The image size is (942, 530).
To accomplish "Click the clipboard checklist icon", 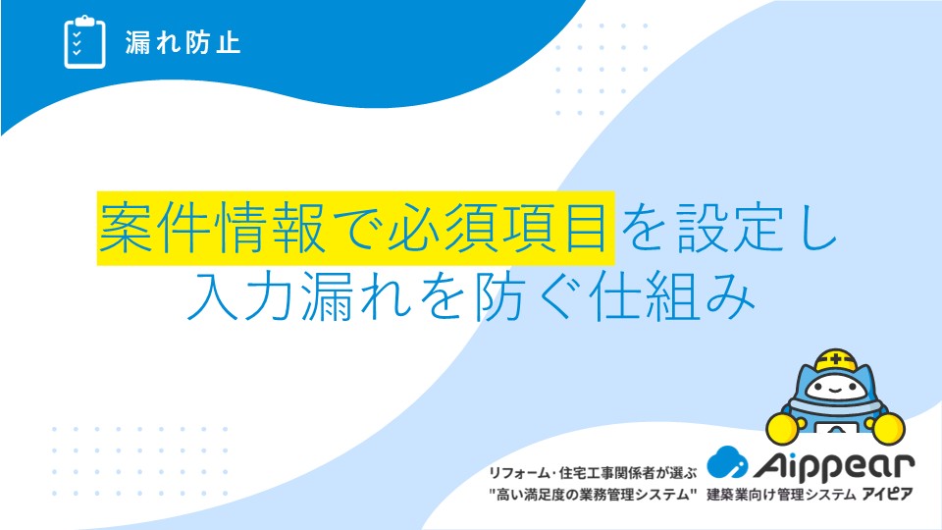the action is (84, 42).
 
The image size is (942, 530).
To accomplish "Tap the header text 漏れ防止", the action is (183, 42).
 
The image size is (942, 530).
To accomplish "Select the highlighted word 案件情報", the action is (213, 229).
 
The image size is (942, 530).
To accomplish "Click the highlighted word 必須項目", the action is (497, 229).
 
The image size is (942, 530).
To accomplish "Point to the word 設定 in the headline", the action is (729, 229).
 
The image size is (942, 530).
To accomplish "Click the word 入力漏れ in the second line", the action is (299, 296).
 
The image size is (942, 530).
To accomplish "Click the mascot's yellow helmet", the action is (836, 360).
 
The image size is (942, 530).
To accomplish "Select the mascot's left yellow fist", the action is (782, 428).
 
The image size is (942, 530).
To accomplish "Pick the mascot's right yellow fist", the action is (889, 428).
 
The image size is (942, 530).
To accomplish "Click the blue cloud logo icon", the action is (727, 462).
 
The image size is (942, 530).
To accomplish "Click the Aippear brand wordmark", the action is (834, 465).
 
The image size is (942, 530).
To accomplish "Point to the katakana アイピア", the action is (887, 495).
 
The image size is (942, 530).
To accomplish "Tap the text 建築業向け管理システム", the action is (781, 495).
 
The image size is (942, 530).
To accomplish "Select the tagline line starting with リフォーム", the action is (593, 473).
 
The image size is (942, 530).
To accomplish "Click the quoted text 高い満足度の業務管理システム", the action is (593, 495).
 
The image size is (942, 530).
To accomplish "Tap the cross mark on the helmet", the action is (836, 360).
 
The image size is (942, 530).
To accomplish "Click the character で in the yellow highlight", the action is (356, 229).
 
